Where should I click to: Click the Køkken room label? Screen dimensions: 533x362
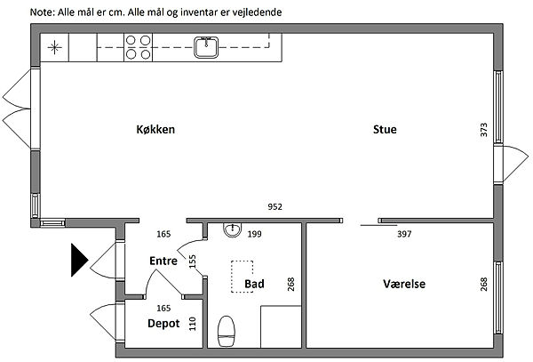[x=155, y=129]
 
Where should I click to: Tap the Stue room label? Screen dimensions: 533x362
[x=385, y=129]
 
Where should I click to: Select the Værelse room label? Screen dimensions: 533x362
[x=404, y=284]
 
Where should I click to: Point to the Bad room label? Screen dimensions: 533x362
[x=254, y=284]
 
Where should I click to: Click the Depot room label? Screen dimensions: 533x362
[x=163, y=323]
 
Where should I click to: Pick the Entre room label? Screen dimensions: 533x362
[x=163, y=261]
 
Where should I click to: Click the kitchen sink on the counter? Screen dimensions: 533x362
[x=206, y=47]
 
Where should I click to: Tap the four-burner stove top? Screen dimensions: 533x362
[x=138, y=47]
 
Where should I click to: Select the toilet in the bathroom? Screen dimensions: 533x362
[x=226, y=331]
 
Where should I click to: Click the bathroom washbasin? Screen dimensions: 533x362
[x=233, y=229]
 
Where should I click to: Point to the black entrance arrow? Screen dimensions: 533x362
[x=80, y=260]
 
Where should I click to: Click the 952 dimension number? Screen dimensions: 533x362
[x=274, y=207]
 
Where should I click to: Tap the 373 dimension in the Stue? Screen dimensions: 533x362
[x=484, y=130]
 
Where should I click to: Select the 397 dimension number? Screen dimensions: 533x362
[x=404, y=234]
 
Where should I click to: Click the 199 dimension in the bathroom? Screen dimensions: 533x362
[x=254, y=234]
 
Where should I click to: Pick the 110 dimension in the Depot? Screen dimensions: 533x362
[x=193, y=324]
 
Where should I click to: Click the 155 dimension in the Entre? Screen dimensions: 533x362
[x=193, y=261]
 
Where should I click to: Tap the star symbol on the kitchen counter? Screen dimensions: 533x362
[x=54, y=47]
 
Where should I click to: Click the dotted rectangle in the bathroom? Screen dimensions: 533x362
[x=242, y=277]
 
